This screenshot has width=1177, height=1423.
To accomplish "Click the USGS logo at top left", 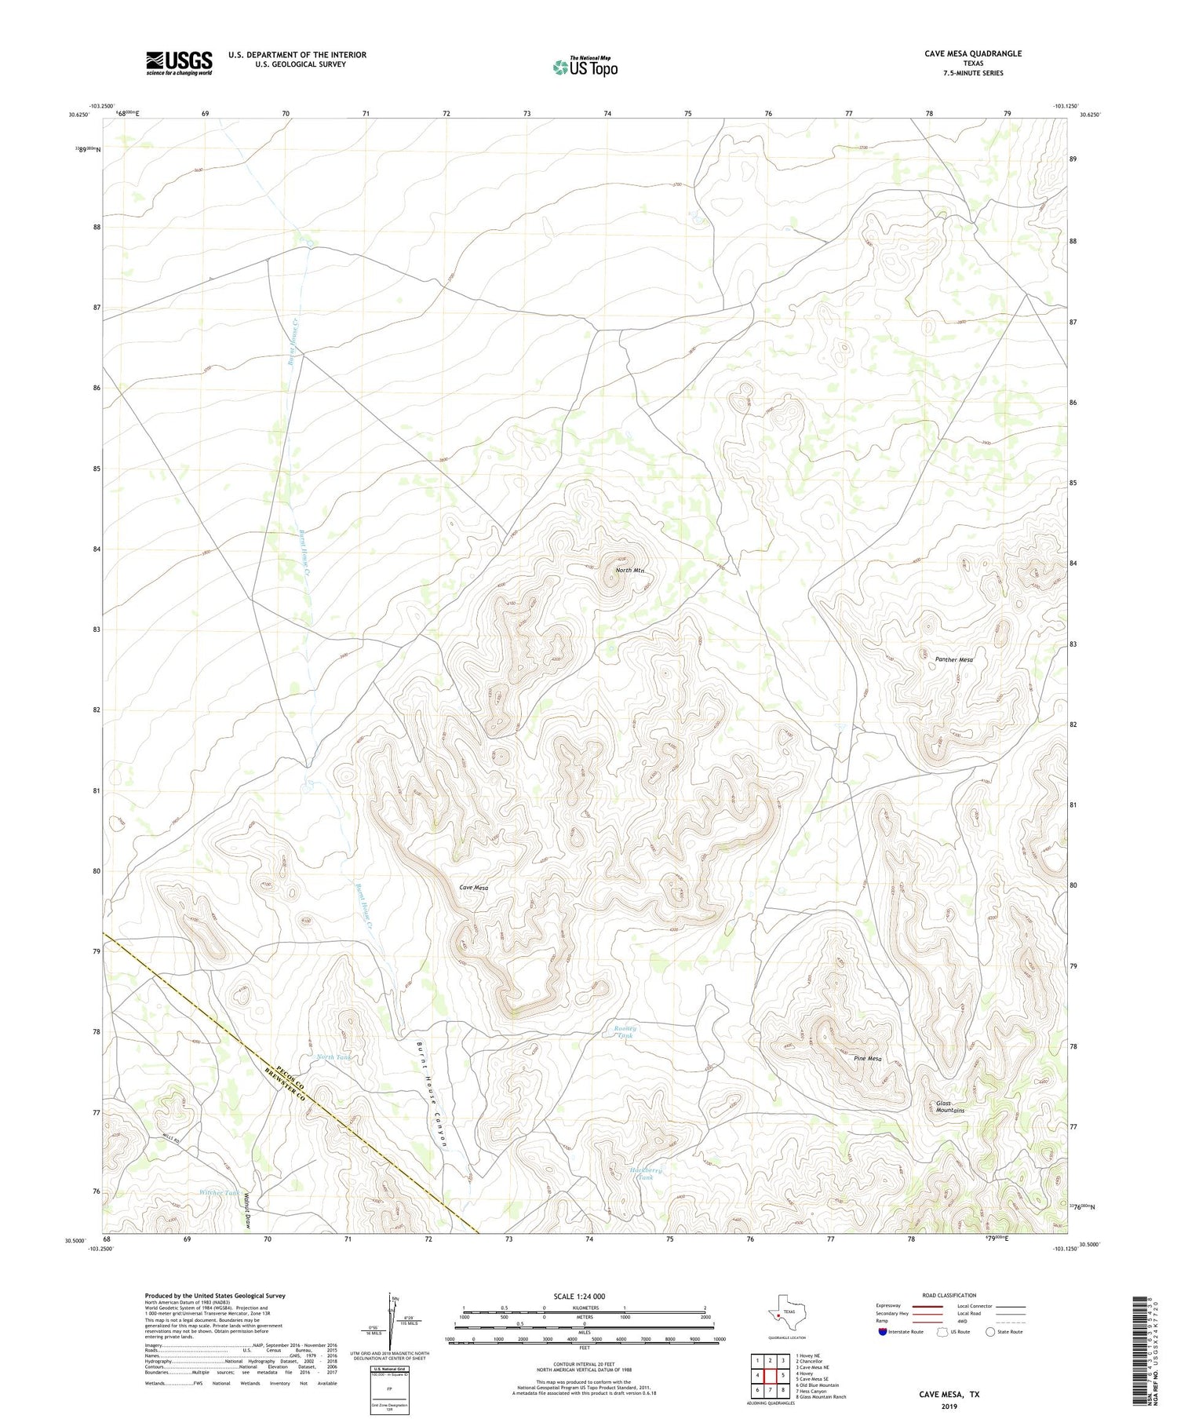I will point(179,63).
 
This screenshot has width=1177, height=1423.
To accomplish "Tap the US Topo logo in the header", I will point(585,67).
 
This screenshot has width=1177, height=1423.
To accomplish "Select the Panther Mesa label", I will point(953,659).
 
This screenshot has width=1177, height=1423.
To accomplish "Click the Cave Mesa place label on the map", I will point(473,887).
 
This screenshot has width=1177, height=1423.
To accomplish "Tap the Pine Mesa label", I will point(867,1058).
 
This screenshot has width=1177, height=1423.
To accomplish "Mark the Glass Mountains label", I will point(949,1107).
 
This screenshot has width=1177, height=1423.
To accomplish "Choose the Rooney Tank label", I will point(625,1031).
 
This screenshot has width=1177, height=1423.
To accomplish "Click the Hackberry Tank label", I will point(646,1173).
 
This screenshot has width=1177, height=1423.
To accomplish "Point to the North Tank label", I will point(333,1056).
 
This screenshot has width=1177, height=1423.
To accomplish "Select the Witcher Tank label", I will point(219,1192).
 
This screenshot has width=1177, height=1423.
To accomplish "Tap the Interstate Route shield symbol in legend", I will point(883,1331).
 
